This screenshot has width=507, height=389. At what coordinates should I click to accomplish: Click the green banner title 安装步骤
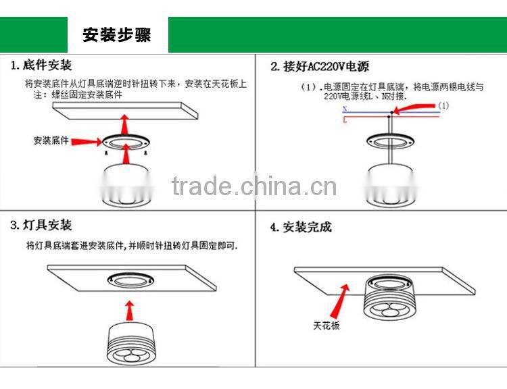[x=117, y=34]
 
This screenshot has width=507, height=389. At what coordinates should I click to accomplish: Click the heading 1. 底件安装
[x=41, y=66]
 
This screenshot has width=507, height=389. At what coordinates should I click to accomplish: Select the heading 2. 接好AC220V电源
[x=320, y=67]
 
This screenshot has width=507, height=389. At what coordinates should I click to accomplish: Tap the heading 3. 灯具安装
[x=41, y=226]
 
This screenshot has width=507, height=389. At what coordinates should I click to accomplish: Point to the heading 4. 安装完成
[x=301, y=227]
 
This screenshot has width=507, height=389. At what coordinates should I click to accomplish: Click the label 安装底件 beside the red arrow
[x=51, y=140]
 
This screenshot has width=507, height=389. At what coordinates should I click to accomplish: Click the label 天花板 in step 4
[x=326, y=326]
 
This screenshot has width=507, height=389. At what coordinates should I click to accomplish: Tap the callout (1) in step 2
[x=443, y=106]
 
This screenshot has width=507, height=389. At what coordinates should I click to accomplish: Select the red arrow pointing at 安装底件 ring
[x=87, y=140]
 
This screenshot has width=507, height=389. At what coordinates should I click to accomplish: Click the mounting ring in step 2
[x=389, y=142]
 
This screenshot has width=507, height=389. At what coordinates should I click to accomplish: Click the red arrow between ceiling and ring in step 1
[x=124, y=124]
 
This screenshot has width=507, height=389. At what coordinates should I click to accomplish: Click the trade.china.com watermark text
[x=254, y=186]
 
